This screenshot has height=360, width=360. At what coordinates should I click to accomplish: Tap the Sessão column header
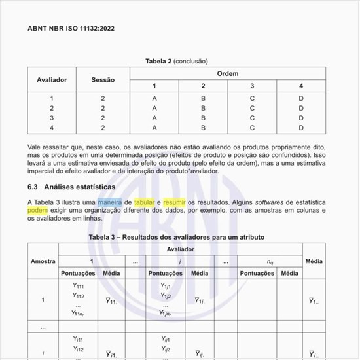103,79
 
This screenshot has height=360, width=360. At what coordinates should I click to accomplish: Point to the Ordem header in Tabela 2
227,73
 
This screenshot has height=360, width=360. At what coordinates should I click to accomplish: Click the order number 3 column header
252,86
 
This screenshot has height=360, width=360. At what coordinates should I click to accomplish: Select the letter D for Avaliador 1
301,98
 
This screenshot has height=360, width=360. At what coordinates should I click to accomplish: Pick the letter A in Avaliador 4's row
154,128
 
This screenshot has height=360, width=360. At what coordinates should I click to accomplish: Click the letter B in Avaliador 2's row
203,108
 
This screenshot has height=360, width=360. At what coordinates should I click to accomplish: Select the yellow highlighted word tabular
145,202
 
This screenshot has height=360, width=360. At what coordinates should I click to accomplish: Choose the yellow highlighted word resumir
175,202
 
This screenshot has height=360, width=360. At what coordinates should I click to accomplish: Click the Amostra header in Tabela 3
43,261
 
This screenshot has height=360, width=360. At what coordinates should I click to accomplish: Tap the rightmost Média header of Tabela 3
314,261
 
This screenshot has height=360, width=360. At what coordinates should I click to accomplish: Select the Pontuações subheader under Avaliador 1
78,273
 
